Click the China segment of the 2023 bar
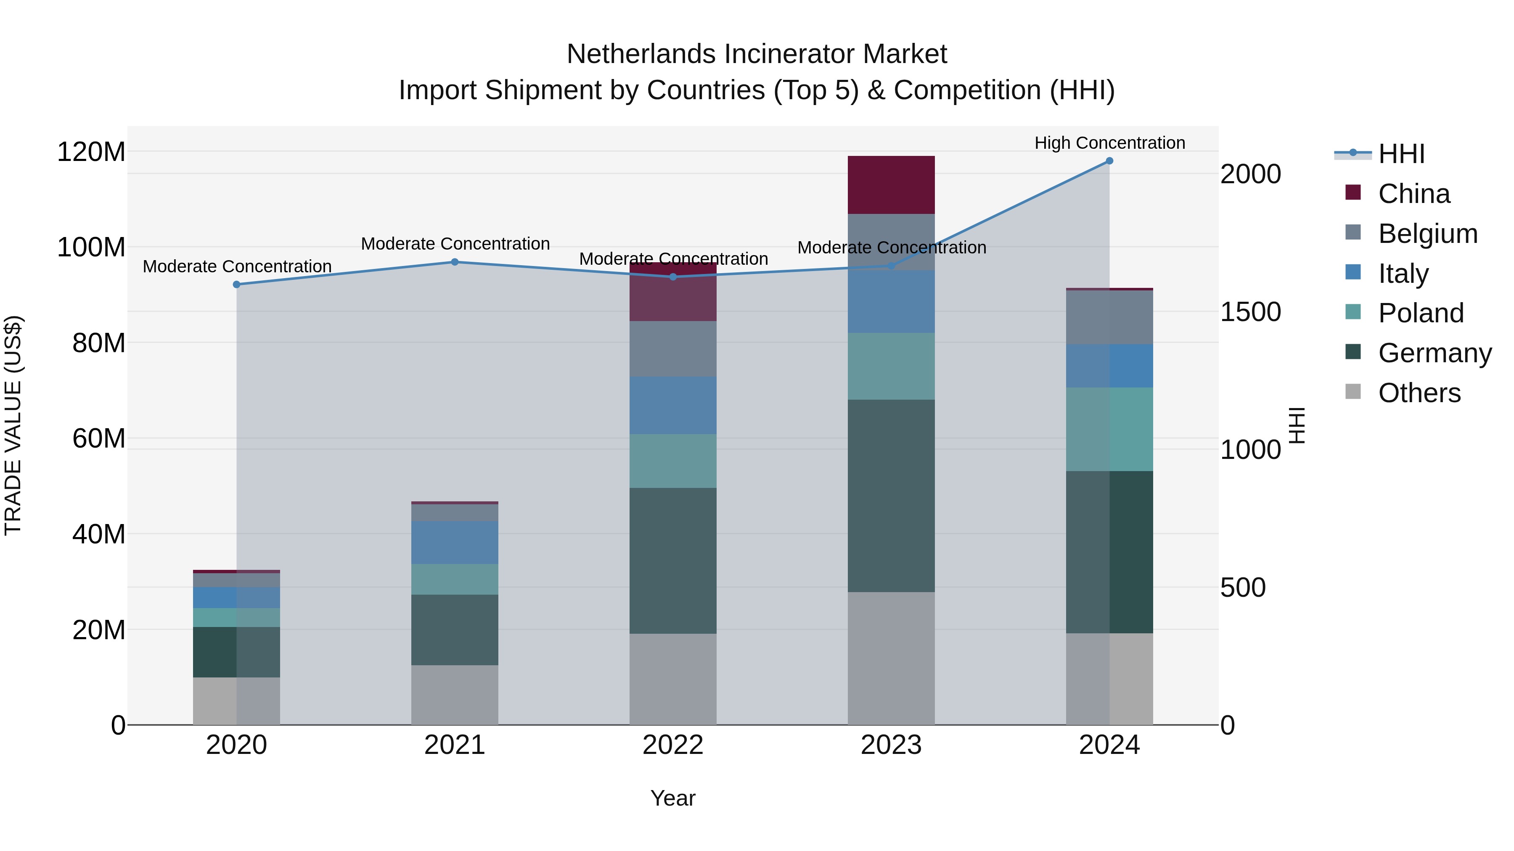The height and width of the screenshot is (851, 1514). tap(891, 184)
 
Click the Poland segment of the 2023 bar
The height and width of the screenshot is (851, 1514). tap(891, 366)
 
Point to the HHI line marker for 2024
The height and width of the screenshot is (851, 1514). tap(1109, 161)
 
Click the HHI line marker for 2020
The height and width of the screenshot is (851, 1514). tap(236, 284)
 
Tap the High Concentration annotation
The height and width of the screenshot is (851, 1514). tap(1109, 143)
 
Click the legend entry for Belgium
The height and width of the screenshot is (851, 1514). tap(1427, 233)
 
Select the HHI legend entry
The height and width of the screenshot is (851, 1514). tap(1401, 154)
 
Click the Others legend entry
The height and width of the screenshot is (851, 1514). tap(1419, 393)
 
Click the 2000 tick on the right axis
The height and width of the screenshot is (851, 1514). tap(1250, 174)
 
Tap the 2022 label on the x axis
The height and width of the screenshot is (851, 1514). tap(673, 745)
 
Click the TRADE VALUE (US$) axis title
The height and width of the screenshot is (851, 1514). tap(13, 425)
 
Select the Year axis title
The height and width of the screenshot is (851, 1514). tap(673, 798)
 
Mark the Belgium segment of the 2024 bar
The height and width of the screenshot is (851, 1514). tap(1109, 317)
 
